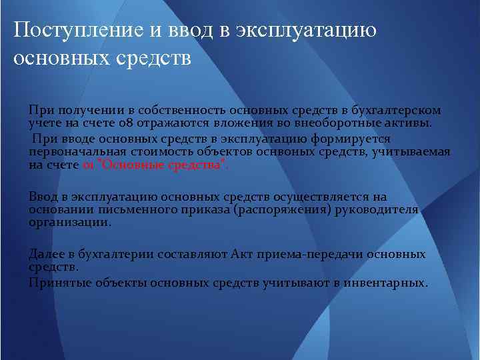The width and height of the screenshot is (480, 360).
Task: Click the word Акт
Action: pyautogui.click(x=243, y=254)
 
